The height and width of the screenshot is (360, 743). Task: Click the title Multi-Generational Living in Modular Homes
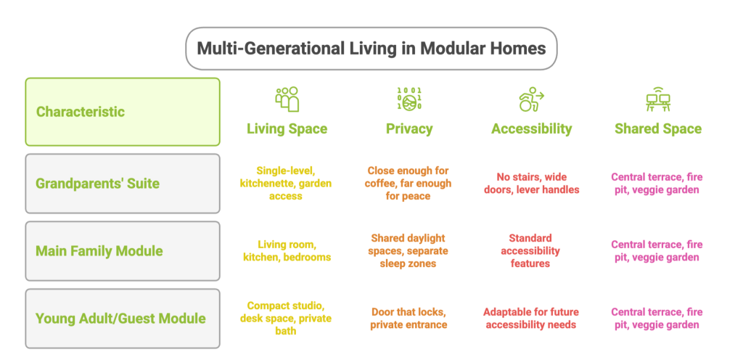pyautogui.click(x=371, y=49)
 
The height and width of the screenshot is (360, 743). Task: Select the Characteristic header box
pyautogui.click(x=123, y=112)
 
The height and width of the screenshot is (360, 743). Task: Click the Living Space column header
pyautogui.click(x=287, y=129)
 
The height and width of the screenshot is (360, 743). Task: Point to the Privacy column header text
pyautogui.click(x=409, y=129)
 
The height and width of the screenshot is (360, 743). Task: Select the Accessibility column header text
pyautogui.click(x=531, y=129)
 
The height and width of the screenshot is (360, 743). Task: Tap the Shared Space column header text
pyautogui.click(x=658, y=129)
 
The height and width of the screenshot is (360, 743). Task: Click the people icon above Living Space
pyautogui.click(x=287, y=99)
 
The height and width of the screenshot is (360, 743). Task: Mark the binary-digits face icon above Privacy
pyautogui.click(x=409, y=99)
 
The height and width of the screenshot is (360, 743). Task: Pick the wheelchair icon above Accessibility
pyautogui.click(x=531, y=99)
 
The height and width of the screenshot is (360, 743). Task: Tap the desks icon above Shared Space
pyautogui.click(x=658, y=99)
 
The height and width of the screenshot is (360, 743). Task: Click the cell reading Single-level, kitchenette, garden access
pyautogui.click(x=287, y=183)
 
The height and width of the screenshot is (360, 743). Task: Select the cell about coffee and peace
pyautogui.click(x=409, y=183)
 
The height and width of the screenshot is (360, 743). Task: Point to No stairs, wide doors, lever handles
pyautogui.click(x=531, y=184)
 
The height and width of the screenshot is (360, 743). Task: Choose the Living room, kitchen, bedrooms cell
pyautogui.click(x=287, y=251)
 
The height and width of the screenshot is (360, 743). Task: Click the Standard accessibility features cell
pyautogui.click(x=530, y=250)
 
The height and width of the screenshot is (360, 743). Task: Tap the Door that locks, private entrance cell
pyautogui.click(x=409, y=319)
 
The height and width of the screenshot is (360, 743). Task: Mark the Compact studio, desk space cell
pyautogui.click(x=287, y=319)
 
